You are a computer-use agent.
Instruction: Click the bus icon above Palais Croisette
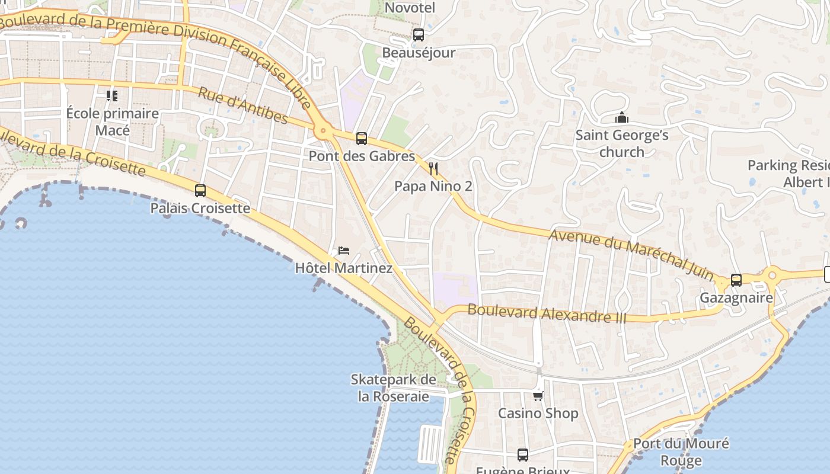coord(200,191)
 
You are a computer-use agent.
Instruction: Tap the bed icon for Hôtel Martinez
coord(344,251)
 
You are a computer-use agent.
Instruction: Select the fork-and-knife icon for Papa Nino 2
coord(433,169)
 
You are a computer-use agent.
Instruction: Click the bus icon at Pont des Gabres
coord(361,139)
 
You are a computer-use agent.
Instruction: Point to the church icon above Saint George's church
coord(621,118)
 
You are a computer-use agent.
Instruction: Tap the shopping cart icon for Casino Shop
coord(538,396)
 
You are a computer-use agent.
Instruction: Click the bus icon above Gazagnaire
coord(736,280)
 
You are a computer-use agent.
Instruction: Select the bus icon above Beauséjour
coord(418,35)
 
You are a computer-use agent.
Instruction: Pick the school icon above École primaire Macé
coord(112,95)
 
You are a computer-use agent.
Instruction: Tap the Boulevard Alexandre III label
coord(547,313)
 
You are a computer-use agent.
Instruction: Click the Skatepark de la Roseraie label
coord(393,388)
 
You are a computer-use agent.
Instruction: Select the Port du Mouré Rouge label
coord(681,452)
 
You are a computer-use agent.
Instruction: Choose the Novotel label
coord(410,8)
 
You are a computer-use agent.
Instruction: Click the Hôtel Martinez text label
coord(344,268)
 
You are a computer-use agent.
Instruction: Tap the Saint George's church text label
coord(621,143)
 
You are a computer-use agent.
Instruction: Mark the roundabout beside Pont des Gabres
coord(323,130)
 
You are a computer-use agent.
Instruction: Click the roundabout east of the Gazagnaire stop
coord(772,275)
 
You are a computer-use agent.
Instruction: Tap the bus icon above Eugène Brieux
coord(522,455)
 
